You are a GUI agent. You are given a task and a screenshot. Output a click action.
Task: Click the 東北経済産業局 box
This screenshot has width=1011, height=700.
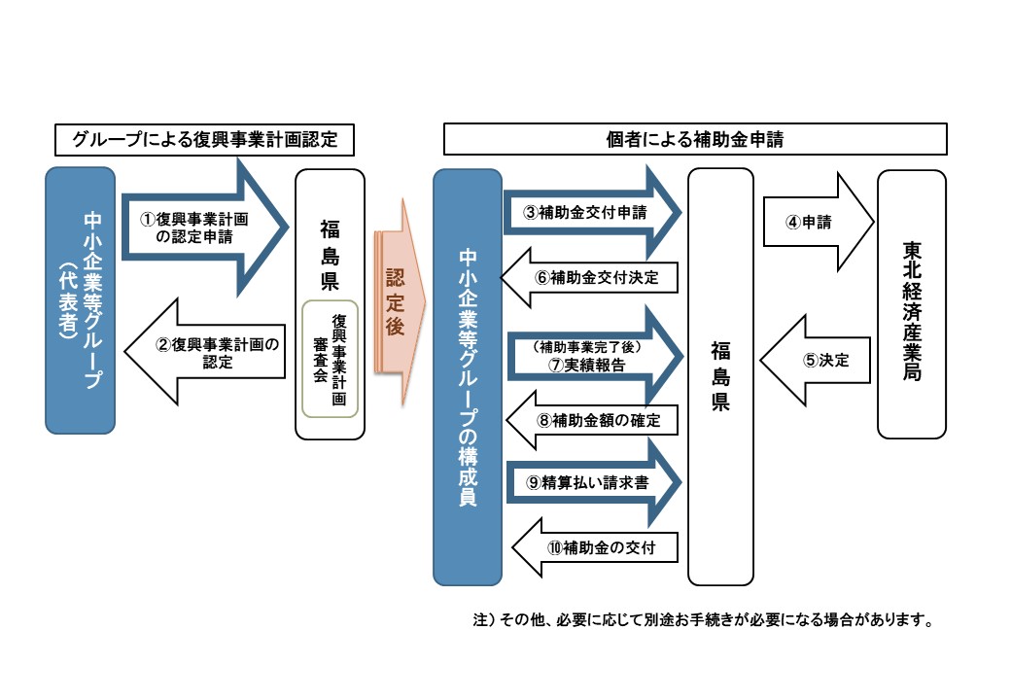pos(911,304)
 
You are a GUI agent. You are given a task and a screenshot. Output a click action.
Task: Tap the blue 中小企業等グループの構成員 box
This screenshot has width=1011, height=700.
pos(468,377)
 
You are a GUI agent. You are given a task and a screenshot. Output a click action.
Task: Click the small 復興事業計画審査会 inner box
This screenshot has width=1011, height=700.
pos(331,359)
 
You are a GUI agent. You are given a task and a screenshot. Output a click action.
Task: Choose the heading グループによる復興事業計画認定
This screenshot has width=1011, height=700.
pos(204,140)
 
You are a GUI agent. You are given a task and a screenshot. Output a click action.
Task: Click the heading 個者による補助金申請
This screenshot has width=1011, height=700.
pos(694,139)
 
